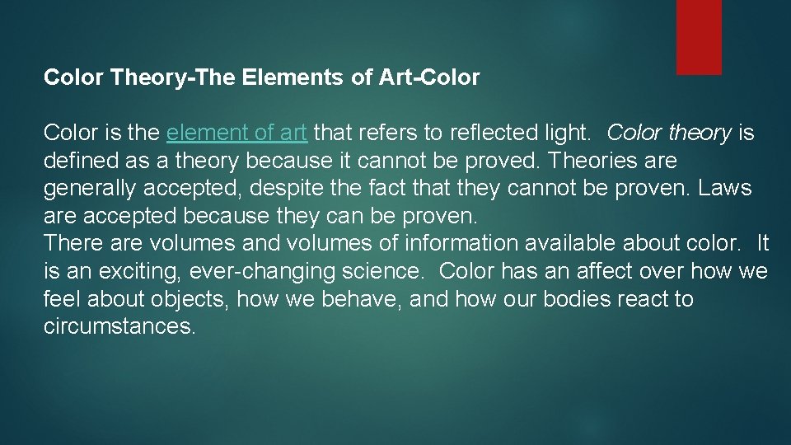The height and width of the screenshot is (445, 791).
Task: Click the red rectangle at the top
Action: pyautogui.click(x=699, y=36)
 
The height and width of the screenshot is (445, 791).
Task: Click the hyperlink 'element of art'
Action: pyautogui.click(x=236, y=133)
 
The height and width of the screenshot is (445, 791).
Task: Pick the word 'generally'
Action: pyautogui.click(x=90, y=188)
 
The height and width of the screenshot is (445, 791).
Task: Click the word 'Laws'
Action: pyautogui.click(x=724, y=188)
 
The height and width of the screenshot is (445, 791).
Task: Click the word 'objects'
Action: pyautogui.click(x=189, y=298)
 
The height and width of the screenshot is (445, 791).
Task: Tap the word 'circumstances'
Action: pyautogui.click(x=120, y=326)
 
